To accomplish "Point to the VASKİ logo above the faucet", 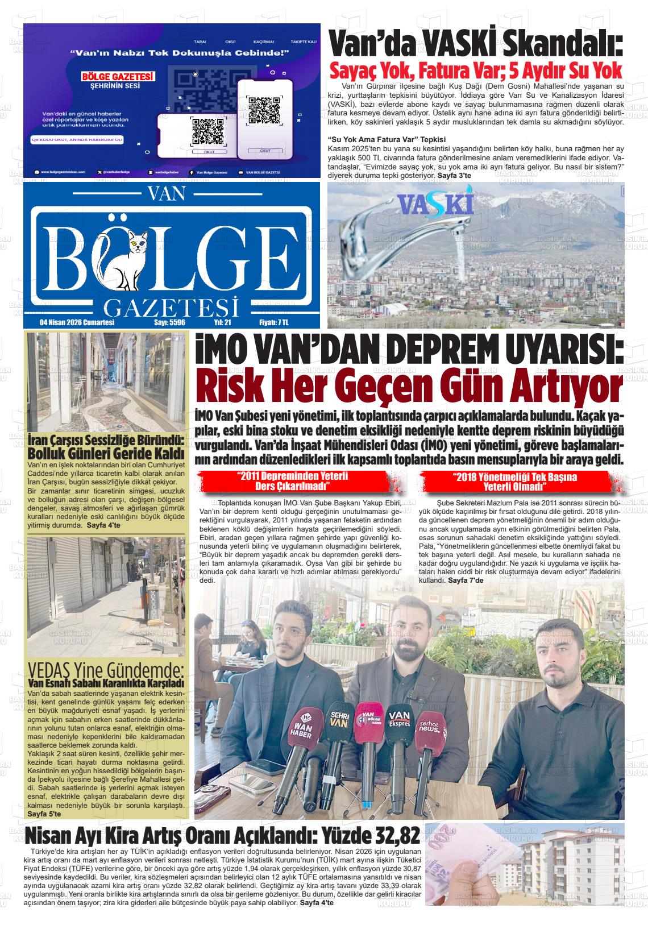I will pyautogui.click(x=436, y=204).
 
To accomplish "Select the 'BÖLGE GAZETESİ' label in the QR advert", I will pyautogui.click(x=118, y=76).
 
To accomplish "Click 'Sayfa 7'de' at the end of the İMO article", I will pyautogui.click(x=466, y=580).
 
